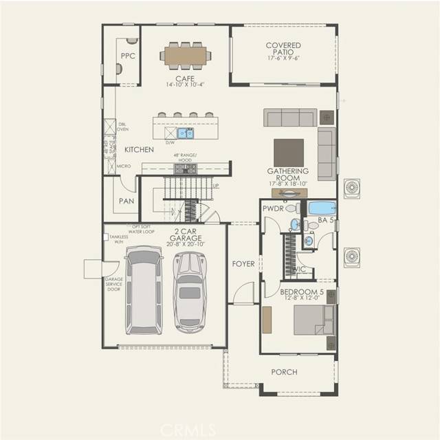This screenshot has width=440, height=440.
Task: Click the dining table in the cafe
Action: pos(186,56)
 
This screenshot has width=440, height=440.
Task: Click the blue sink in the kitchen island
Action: pos(184,133)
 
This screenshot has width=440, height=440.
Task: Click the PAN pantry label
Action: pos(126,201)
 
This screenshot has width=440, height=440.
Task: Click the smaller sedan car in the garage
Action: pos(188,288)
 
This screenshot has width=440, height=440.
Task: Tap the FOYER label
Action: pos(243,263)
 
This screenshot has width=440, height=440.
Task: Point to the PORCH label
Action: pos(284,372)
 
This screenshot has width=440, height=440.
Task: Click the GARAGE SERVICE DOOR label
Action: pos(113,284)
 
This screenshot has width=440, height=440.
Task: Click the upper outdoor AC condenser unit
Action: pos(354,188)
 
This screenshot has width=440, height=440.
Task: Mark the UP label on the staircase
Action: pos(216,186)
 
